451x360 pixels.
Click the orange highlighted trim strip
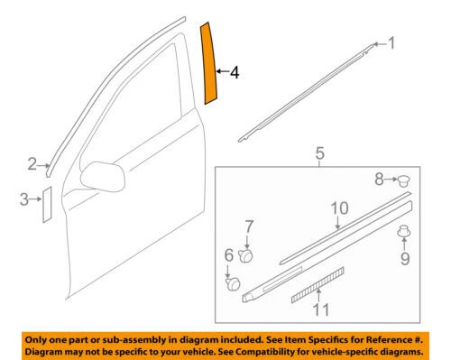(x=209, y=65)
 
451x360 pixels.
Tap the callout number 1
(x=391, y=42)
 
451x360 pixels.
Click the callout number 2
(x=32, y=163)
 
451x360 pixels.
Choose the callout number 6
(x=228, y=256)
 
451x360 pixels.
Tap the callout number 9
(x=403, y=260)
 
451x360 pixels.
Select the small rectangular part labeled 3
(x=46, y=205)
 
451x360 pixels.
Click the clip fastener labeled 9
(x=403, y=234)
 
